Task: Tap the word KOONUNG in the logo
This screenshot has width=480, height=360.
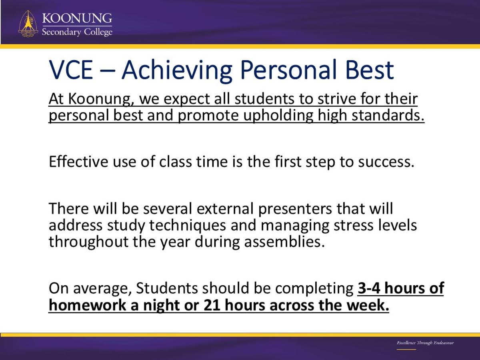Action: [x=77, y=18]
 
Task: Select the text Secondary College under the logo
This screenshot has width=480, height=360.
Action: [x=77, y=32]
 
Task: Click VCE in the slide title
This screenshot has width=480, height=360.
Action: [x=71, y=70]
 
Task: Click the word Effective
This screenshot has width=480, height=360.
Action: [x=78, y=162]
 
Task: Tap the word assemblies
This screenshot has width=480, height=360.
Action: [x=284, y=242]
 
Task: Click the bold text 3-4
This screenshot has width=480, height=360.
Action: [x=369, y=288]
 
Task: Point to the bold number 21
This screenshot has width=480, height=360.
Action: [x=212, y=305]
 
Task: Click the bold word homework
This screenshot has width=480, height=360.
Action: [x=87, y=305]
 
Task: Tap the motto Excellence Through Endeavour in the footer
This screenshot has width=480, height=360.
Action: [x=425, y=342]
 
